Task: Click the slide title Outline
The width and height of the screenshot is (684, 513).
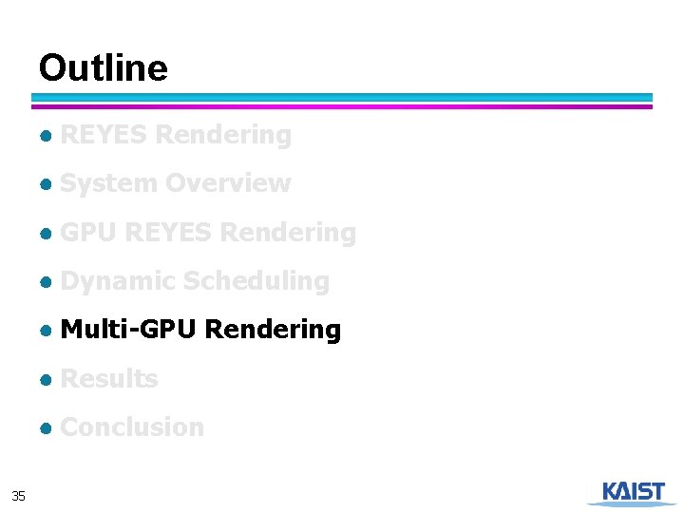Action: coord(103,68)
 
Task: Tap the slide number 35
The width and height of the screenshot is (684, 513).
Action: coord(18,495)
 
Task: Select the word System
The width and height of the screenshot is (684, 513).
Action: coord(108,183)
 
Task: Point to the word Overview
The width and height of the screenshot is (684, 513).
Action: coord(227,183)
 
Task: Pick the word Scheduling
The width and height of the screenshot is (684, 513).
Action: coord(256,281)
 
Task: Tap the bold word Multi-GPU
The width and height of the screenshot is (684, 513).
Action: coord(128,330)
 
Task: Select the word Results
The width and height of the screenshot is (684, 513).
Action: coord(108,379)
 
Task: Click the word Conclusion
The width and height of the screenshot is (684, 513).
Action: coord(132,427)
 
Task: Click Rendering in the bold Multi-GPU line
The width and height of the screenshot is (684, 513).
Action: coord(273,330)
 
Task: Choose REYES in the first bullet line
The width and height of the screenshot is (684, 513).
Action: coord(104,135)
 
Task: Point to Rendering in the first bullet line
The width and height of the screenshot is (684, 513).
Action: coord(223,135)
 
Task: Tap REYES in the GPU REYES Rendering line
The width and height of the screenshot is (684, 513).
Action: coord(168,233)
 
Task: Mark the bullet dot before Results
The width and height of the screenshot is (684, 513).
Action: coord(45,380)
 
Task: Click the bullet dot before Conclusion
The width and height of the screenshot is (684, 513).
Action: coord(45,428)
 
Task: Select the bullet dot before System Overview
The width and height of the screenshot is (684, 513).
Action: coord(45,184)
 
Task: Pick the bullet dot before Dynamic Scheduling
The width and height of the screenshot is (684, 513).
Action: coord(45,282)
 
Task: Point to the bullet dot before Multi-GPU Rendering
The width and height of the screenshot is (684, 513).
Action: coord(45,331)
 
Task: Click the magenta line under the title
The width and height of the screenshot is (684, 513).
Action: coord(342,106)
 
